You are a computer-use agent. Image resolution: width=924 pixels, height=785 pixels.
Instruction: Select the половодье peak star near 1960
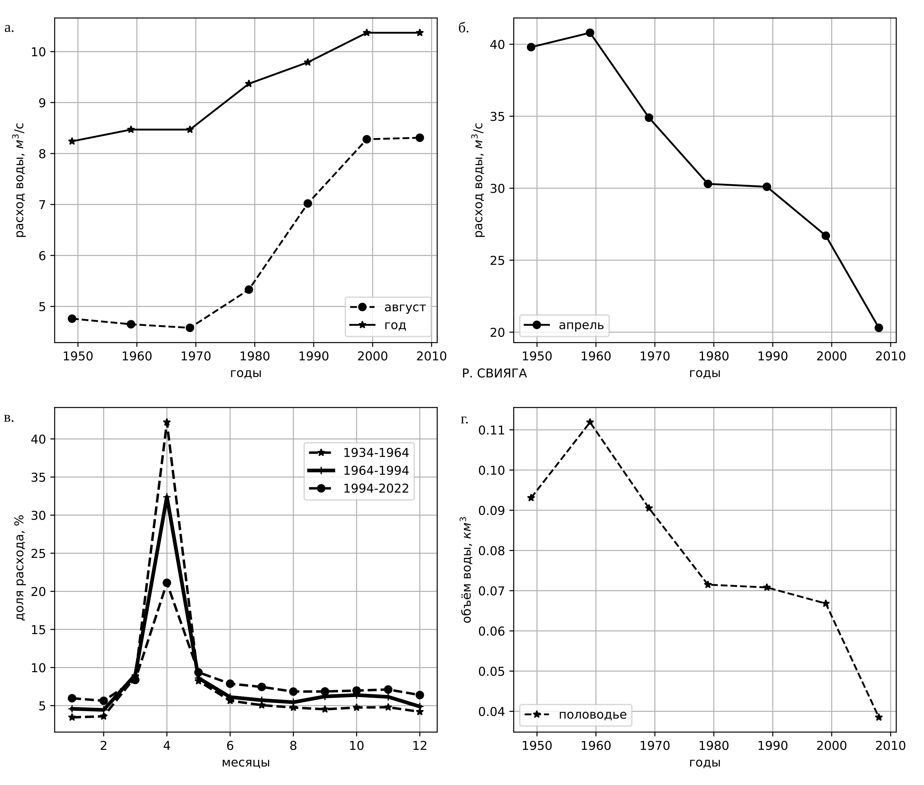click(x=590, y=422)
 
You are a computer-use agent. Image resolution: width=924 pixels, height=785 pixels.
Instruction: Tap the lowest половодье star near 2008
click(x=878, y=717)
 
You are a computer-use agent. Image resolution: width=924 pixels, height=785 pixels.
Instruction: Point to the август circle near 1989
click(x=307, y=203)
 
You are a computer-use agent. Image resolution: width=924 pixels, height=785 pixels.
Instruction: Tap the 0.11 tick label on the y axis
click(x=490, y=430)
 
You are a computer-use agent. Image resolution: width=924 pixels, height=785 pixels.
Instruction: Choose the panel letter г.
click(x=464, y=419)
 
